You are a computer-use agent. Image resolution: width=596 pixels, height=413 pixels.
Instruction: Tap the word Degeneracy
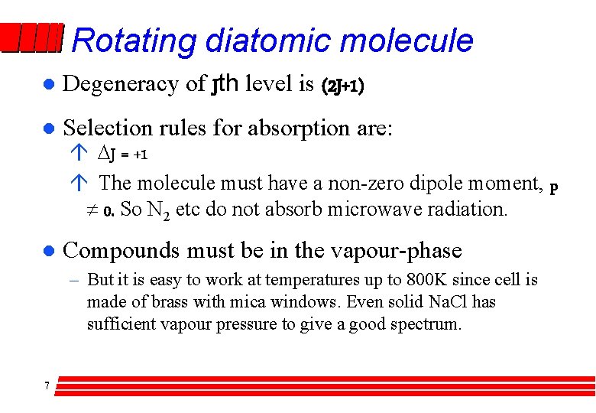[x=121, y=83]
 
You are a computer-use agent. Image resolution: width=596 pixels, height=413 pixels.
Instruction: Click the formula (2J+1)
[x=342, y=86]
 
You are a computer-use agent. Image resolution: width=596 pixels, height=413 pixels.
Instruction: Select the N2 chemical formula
[x=157, y=210]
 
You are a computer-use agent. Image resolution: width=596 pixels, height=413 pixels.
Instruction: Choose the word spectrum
[x=426, y=324]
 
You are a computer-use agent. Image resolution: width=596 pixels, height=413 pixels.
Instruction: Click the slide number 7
[x=47, y=385]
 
